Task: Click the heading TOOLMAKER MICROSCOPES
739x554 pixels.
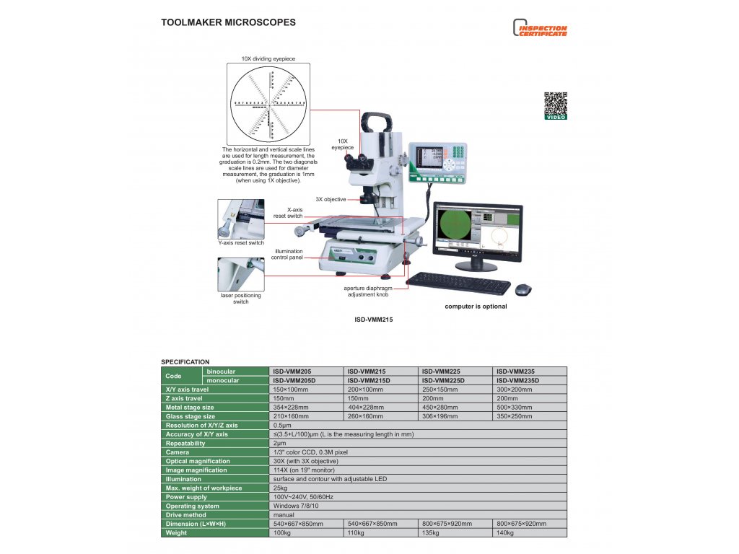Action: tap(228, 23)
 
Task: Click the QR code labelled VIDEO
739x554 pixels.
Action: tap(555, 105)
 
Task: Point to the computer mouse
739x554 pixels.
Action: tap(522, 289)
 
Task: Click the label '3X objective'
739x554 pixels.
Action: tap(331, 199)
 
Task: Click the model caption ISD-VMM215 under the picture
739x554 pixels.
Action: tap(373, 318)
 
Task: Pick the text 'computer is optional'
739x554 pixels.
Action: tap(476, 307)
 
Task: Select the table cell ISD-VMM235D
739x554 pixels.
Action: tap(518, 380)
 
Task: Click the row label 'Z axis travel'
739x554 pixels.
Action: tap(185, 398)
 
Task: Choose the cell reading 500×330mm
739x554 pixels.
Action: tap(515, 407)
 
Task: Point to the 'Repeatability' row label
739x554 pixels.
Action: tap(185, 443)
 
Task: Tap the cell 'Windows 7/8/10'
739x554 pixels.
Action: tap(296, 506)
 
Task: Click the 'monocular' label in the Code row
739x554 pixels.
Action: tap(223, 380)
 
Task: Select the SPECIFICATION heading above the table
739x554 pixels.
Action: tap(185, 361)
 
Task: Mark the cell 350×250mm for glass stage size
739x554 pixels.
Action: tap(515, 416)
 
